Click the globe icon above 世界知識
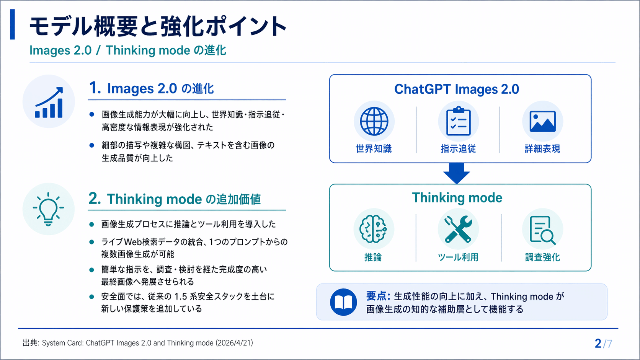tap(374, 121)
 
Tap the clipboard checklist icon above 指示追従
tap(458, 121)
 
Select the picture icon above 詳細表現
tap(542, 121)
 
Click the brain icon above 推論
tap(373, 229)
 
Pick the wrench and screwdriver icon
tap(458, 229)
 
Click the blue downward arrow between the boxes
tap(457, 173)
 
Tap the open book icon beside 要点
tap(343, 302)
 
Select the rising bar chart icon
tap(49, 102)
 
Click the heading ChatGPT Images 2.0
tap(457, 89)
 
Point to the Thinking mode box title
tap(457, 197)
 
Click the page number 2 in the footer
tap(598, 344)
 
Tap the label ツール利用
tap(458, 257)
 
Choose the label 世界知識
tap(374, 149)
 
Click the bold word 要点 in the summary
tap(376, 296)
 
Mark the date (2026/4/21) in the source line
tap(234, 343)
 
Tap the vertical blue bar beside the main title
tap(12, 24)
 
